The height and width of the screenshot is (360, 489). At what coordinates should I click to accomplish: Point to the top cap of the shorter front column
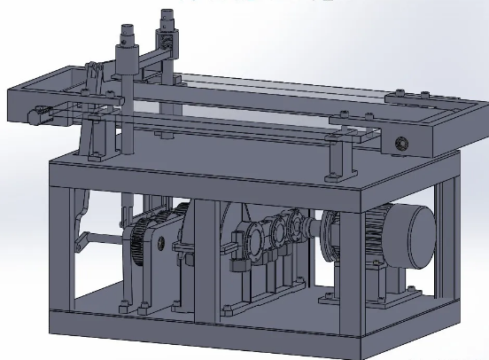click(123, 36)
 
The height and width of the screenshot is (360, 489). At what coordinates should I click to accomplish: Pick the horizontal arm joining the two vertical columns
click(146, 59)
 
